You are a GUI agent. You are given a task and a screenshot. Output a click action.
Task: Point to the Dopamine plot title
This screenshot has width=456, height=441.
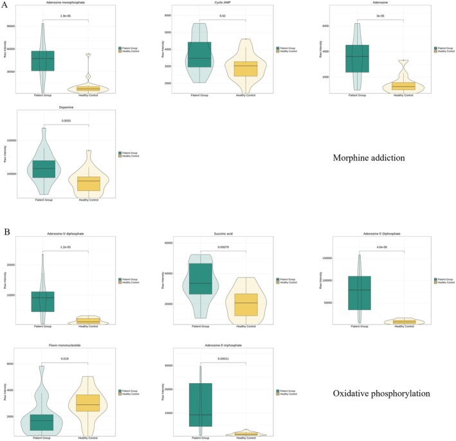pyautogui.click(x=65, y=112)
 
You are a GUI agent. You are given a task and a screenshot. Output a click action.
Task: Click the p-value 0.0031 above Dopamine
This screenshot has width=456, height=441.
pyautogui.click(x=66, y=121)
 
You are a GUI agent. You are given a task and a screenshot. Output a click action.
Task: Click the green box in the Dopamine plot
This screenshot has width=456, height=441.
pyautogui.click(x=44, y=168)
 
